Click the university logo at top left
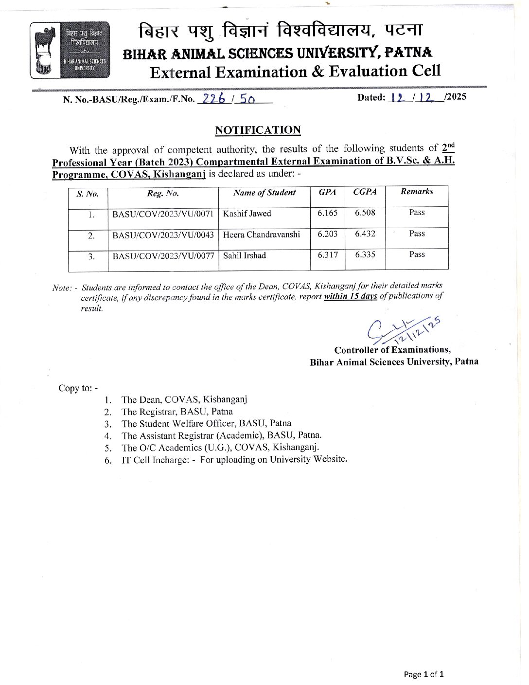[x=70, y=50]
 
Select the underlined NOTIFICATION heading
[x=258, y=130]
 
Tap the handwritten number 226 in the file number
[x=212, y=99]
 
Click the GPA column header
[x=327, y=192]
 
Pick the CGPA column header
[x=365, y=192]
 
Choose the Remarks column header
[x=417, y=192]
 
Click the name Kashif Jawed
[x=247, y=214]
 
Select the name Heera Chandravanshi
[x=261, y=234]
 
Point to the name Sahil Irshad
[x=245, y=255]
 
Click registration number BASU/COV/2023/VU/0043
[x=163, y=235]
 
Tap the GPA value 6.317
[x=327, y=255]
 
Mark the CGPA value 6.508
[x=365, y=213]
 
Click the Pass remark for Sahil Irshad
[x=417, y=254]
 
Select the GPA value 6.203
[x=327, y=234]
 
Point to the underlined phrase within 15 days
[x=351, y=296]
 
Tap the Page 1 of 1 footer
[x=423, y=674]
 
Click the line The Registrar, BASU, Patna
[x=177, y=412]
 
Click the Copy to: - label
[x=78, y=388]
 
